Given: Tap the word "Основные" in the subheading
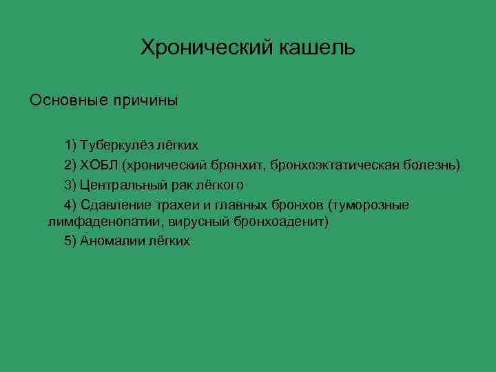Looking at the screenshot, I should pyautogui.click(x=61, y=101).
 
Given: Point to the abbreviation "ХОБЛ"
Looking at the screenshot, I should pyautogui.click(x=99, y=165).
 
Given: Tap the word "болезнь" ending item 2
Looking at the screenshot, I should pyautogui.click(x=431, y=165).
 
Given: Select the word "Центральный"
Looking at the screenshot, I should pyautogui.click(x=118, y=185).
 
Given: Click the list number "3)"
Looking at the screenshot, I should pyautogui.click(x=70, y=185).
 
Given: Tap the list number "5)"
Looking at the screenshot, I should pyautogui.click(x=70, y=242).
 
